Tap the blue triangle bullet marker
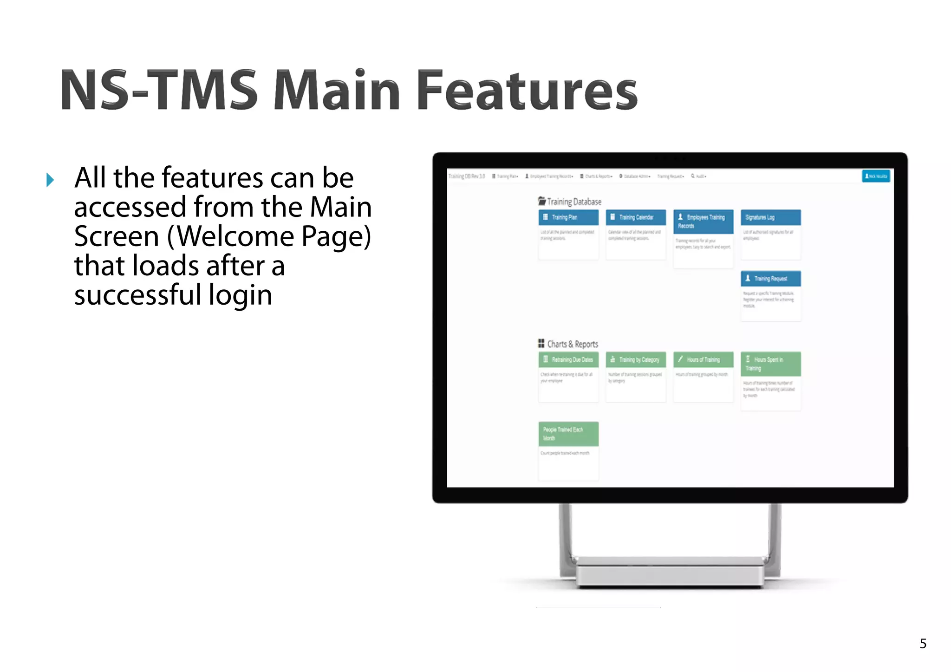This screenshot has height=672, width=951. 50,180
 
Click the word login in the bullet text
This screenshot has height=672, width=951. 240,295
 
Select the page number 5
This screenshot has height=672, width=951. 923,644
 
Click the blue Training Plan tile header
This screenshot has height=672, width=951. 568,217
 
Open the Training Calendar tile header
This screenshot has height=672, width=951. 636,217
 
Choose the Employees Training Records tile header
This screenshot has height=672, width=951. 703,222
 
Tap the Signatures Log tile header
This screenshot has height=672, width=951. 770,217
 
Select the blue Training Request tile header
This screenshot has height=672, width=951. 770,279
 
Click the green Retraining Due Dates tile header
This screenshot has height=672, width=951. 568,359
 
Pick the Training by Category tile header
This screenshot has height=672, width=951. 636,359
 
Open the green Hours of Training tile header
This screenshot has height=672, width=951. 703,359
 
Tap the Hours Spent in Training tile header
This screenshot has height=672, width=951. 770,364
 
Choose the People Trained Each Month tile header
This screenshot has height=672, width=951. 568,434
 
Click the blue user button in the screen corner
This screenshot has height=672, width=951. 876,176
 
